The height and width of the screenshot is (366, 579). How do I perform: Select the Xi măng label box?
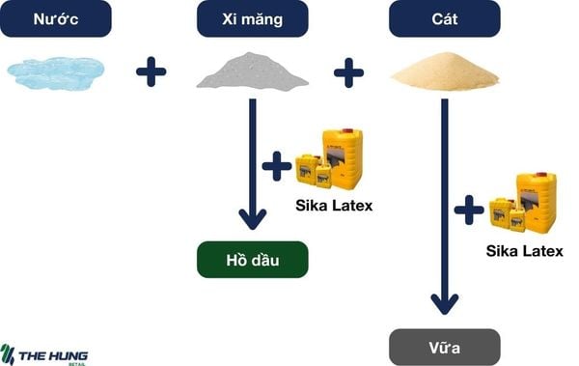[252, 18]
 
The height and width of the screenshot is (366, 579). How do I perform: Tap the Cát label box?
[445, 18]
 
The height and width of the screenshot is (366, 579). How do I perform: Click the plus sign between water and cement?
[151, 72]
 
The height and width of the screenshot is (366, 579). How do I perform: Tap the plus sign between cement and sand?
[348, 72]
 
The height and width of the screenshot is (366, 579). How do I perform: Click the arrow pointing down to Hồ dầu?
[252, 164]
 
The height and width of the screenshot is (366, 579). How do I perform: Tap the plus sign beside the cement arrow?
[277, 167]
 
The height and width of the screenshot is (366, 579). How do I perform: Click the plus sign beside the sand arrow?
[469, 209]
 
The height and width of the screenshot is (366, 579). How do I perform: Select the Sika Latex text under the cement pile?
[333, 206]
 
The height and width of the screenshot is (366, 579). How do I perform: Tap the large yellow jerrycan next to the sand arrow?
[536, 201]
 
